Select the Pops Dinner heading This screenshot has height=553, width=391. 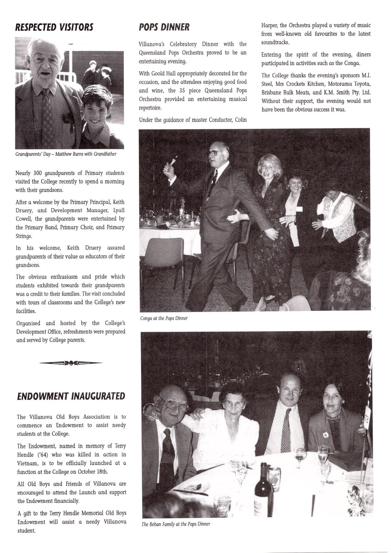click(x=164, y=27)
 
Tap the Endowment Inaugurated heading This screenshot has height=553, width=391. click(x=71, y=396)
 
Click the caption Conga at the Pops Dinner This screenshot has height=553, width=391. click(x=164, y=318)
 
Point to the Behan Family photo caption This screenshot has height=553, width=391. click(x=176, y=524)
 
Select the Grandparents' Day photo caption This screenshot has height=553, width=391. click(x=66, y=154)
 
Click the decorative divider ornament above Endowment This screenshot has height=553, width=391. click(x=71, y=363)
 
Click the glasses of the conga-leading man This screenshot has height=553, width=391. click(x=214, y=153)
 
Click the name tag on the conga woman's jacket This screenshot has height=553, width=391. click(x=299, y=209)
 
